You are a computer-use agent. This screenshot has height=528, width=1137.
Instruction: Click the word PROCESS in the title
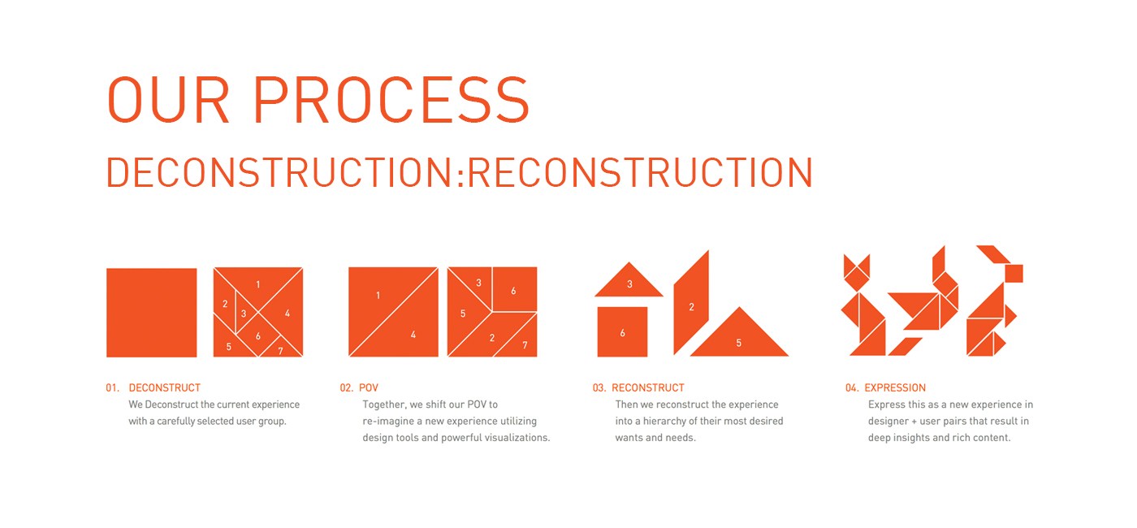pos(391,99)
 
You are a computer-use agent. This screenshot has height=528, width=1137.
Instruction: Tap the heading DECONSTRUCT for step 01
pos(164,388)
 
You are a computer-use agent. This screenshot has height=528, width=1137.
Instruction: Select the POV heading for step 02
pos(369,388)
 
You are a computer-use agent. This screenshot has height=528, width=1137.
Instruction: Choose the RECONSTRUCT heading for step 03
pos(648,388)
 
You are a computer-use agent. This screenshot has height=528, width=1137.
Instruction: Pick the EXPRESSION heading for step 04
pos(895,388)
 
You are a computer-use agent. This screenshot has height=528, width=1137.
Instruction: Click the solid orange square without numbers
pos(152,312)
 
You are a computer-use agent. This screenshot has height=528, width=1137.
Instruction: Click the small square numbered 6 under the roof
pos(622,331)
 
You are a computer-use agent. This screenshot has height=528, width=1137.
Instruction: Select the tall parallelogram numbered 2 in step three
pos(691,303)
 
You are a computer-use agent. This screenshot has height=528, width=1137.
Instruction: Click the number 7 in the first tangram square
pos(280,351)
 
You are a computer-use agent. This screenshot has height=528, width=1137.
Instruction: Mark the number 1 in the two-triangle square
pos(378,296)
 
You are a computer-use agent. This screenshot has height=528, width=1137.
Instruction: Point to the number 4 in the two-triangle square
pos(413,335)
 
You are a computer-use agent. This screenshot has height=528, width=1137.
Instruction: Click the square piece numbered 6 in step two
pos(515,289)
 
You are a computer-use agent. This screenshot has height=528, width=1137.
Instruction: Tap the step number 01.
pos(112,388)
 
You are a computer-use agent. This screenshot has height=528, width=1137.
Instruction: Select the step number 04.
pos(852,388)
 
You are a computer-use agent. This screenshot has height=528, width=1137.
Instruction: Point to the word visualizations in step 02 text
pos(518,438)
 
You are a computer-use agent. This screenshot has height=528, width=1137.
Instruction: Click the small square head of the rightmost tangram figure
pos(1014,273)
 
